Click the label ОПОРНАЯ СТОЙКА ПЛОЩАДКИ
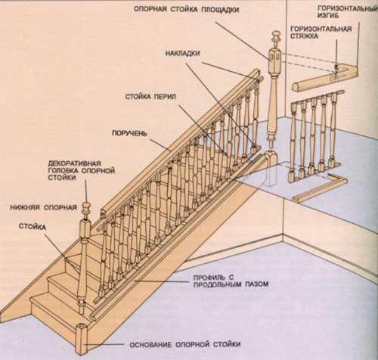(186, 10)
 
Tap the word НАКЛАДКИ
(183, 54)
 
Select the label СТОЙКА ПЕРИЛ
(150, 97)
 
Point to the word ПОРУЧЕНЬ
(129, 133)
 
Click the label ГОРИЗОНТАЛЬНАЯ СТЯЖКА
(321, 33)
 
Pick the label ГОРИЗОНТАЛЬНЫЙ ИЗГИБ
(348, 12)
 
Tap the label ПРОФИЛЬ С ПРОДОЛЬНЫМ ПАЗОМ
(231, 281)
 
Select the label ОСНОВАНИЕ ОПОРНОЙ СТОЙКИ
(185, 344)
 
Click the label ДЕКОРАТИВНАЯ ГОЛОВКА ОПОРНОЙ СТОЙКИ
(82, 170)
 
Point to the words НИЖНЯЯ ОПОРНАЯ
(44, 207)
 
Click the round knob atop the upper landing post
(276, 36)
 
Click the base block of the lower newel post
(82, 338)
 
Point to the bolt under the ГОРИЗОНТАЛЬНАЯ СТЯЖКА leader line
(336, 67)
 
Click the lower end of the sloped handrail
(103, 213)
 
